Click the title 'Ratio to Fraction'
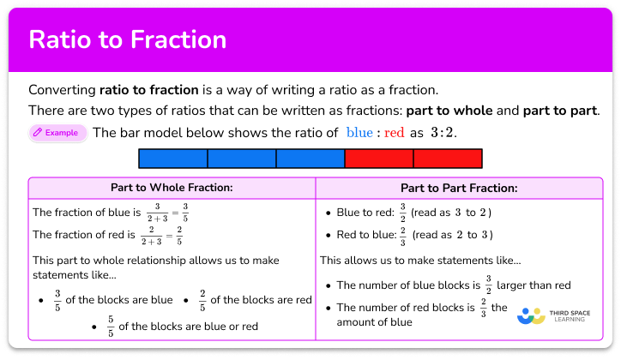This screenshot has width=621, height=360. coord(128,39)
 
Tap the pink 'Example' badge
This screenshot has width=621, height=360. coord(57,133)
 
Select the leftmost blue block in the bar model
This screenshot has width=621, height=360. coord(173,159)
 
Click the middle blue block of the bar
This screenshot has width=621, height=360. coord(241,159)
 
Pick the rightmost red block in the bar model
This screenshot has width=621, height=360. coord(447,159)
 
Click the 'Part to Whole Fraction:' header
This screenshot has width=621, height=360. coord(172,187)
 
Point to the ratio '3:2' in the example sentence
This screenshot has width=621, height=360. coord(442,133)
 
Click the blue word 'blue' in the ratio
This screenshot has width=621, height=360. coord(359,133)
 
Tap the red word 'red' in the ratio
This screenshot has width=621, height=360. coord(394,133)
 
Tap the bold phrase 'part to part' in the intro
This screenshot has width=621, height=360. coord(558,111)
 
